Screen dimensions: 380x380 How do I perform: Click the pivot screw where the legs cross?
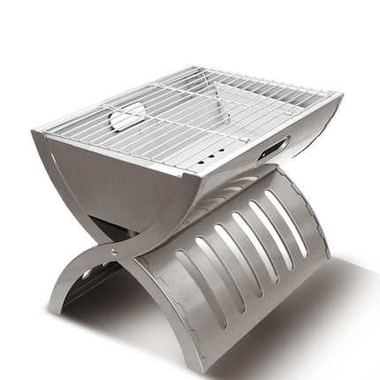[x=112, y=251]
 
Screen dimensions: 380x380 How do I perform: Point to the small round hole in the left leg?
[x=86, y=275]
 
